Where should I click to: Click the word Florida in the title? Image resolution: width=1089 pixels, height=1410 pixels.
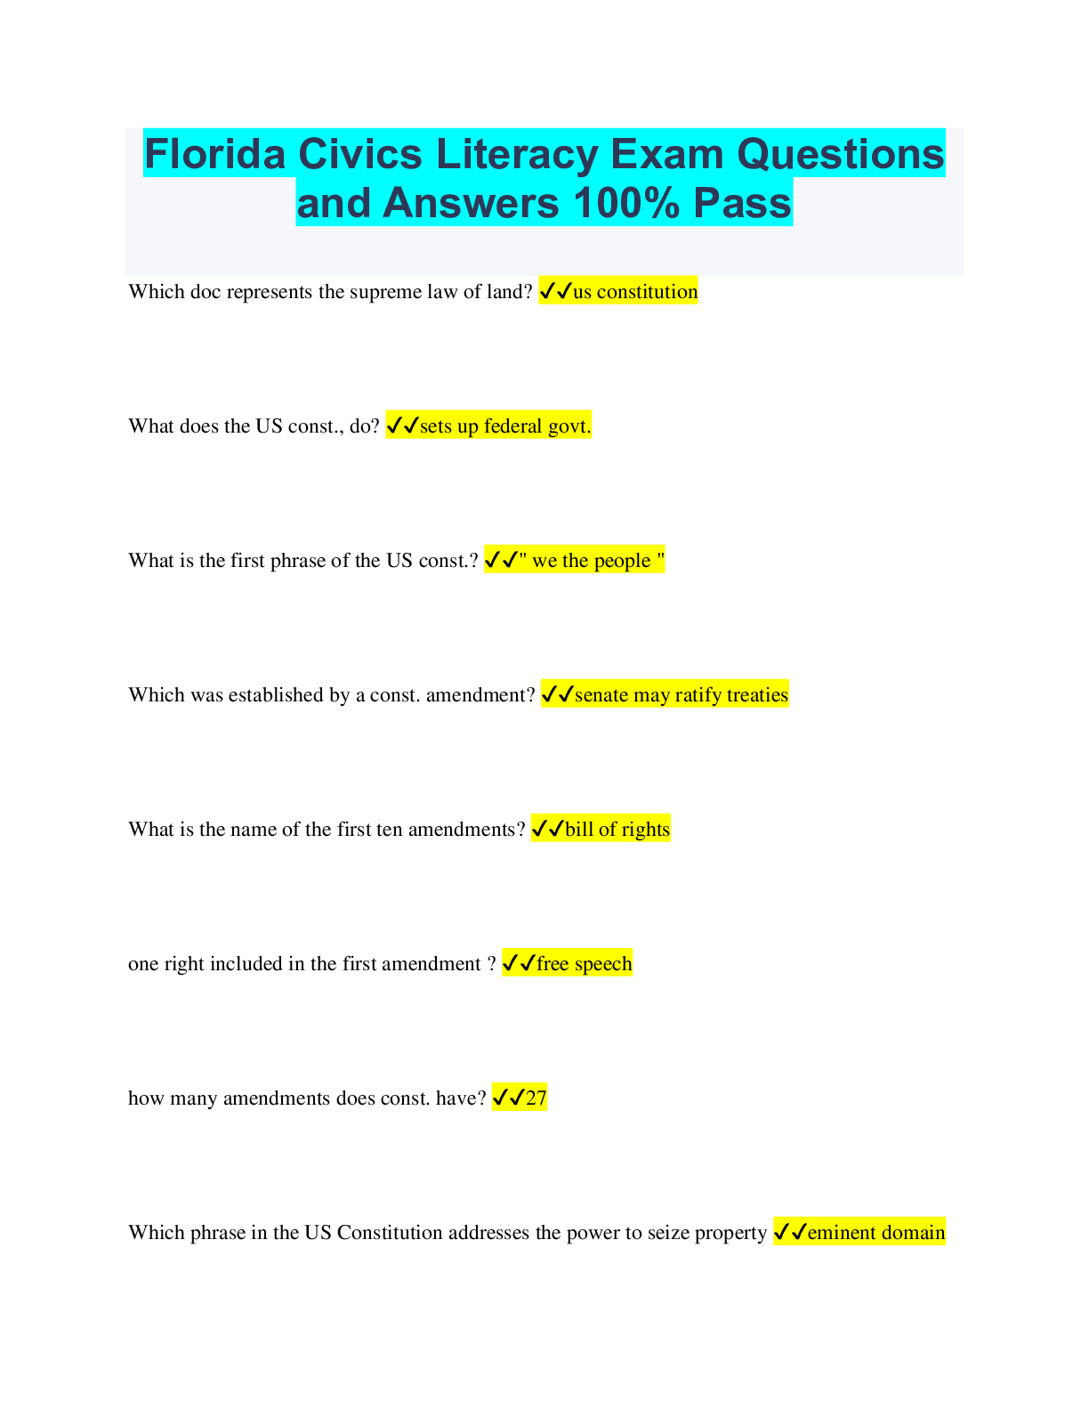click(214, 154)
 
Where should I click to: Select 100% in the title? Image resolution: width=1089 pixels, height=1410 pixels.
click(626, 203)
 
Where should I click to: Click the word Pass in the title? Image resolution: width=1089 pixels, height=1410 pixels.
click(743, 203)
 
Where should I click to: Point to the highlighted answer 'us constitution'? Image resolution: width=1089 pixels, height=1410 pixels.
click(635, 291)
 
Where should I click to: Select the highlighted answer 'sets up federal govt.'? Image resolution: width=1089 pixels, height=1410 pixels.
click(505, 426)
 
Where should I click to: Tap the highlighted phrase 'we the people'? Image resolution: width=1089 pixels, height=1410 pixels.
click(591, 561)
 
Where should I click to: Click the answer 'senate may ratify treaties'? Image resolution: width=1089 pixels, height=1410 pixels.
click(681, 695)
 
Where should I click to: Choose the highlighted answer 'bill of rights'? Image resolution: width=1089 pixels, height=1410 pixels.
click(617, 830)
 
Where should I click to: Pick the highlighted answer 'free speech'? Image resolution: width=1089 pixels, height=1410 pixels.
click(584, 963)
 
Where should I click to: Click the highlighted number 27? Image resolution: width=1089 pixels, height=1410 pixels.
click(536, 1098)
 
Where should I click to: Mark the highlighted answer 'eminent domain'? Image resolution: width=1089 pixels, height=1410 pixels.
click(876, 1232)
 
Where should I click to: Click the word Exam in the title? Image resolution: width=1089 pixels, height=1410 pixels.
click(666, 154)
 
